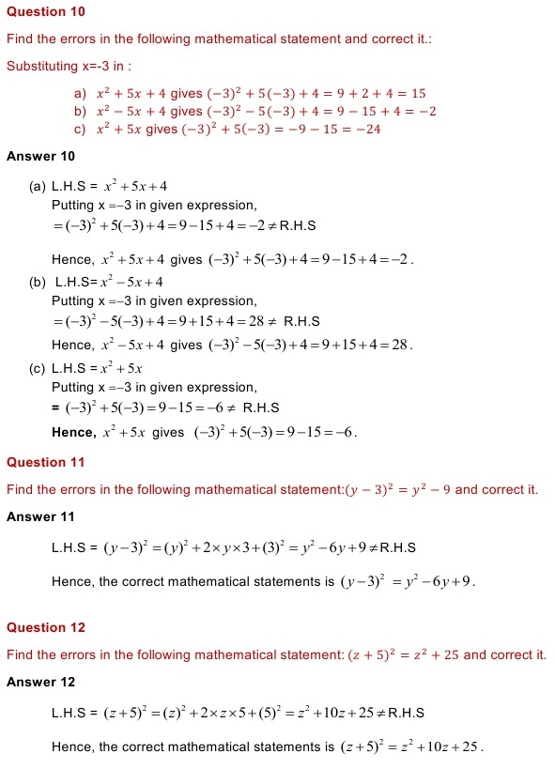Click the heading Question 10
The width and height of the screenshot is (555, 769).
coord(45,11)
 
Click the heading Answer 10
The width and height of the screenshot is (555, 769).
coord(40,156)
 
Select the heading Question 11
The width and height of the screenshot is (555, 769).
coord(45,462)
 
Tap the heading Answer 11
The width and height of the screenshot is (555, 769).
coord(40,516)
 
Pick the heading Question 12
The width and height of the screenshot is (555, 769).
coord(45,627)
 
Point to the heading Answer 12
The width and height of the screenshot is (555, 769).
coord(40,682)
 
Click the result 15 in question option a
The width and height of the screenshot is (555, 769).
coord(418,94)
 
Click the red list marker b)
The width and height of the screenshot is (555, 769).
coord(80,112)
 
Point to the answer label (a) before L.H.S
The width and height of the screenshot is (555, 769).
coord(38,187)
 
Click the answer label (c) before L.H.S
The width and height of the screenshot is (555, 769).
coord(38,369)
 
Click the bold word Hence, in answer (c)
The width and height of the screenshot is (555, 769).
coord(74,432)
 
